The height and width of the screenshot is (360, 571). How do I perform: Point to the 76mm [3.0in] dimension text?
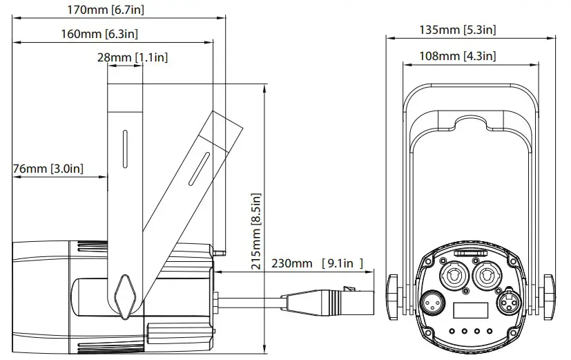(x=48, y=168)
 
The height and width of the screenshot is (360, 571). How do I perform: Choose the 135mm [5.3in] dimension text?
(x=457, y=29)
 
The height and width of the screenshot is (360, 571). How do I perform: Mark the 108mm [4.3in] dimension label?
(x=457, y=57)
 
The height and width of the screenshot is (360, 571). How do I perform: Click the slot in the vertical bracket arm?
(x=124, y=146)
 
